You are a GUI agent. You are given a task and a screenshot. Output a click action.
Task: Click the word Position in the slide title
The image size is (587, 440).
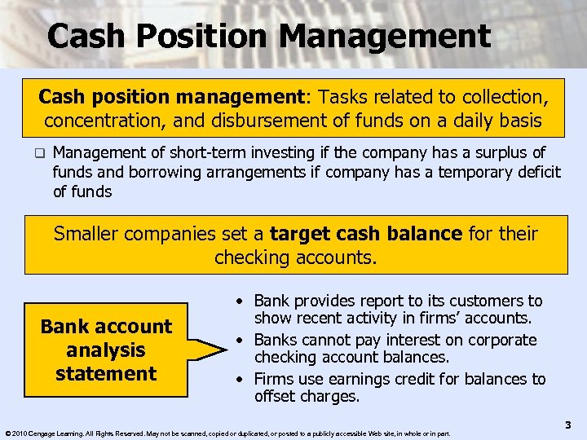[x=205, y=37]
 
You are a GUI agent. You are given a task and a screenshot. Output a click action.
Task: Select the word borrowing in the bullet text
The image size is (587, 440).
[x=152, y=172]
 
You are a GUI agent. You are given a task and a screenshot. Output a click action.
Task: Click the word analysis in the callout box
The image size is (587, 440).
[x=106, y=350]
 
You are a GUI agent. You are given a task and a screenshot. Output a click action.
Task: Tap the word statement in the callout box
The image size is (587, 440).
[x=106, y=374]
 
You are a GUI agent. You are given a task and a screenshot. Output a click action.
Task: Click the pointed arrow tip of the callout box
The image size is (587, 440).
[x=226, y=350]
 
